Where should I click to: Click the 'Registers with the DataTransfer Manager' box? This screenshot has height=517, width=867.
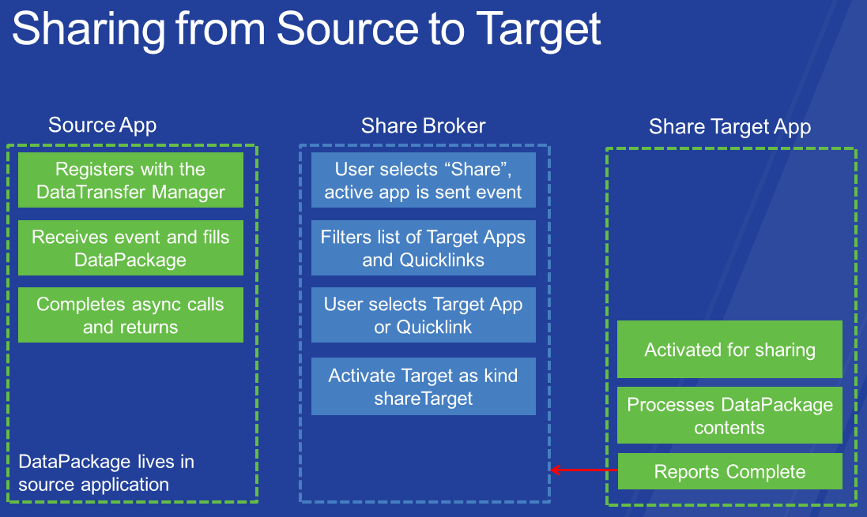coord(130,180)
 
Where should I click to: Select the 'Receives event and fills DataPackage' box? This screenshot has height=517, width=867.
coord(130,248)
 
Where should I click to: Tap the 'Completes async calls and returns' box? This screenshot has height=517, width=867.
coord(130,315)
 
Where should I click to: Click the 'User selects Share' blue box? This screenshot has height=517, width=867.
coord(424,180)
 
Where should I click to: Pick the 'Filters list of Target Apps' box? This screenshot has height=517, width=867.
coord(424,248)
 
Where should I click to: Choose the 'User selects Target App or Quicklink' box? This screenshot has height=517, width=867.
coord(424,315)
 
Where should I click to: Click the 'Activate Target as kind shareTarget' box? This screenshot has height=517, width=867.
coord(424,386)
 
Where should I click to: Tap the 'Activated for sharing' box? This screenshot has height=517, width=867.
coord(729,349)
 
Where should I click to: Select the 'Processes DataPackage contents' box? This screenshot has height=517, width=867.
coord(729,415)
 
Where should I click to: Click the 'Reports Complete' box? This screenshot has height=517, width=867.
coord(729,471)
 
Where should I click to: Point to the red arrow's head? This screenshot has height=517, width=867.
coord(552,470)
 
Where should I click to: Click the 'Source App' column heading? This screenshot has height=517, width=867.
coord(102,126)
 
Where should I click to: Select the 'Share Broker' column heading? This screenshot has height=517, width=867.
coord(424,126)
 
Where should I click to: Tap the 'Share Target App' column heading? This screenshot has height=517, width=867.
coord(729,127)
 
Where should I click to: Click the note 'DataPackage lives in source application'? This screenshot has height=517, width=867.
coord(106,473)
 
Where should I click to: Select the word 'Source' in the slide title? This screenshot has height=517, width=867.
coord(347,28)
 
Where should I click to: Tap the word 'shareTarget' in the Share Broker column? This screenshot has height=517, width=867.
coord(424,399)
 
